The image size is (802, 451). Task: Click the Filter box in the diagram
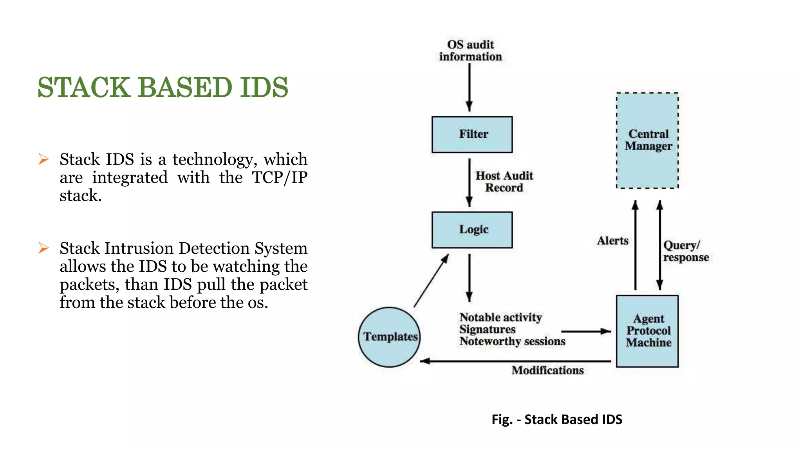(x=472, y=134)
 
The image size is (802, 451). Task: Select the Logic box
(x=472, y=230)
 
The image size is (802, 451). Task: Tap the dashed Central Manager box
(x=647, y=141)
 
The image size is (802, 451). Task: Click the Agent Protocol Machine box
(x=647, y=331)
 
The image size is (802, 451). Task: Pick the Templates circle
(x=389, y=337)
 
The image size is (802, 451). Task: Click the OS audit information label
(x=470, y=51)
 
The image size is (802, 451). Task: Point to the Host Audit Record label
(x=504, y=182)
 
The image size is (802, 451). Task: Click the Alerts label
(x=612, y=240)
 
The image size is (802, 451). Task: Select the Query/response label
(x=685, y=251)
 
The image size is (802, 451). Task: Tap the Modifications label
(x=547, y=370)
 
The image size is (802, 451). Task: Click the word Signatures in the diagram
(x=487, y=329)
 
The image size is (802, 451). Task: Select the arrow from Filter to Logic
(x=469, y=182)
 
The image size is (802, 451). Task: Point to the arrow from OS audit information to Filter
(x=469, y=87)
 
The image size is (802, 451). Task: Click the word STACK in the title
(x=83, y=87)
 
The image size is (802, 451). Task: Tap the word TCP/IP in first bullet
(x=279, y=177)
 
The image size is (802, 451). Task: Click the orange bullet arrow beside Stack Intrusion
(x=43, y=248)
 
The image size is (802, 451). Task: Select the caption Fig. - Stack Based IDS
(x=556, y=419)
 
